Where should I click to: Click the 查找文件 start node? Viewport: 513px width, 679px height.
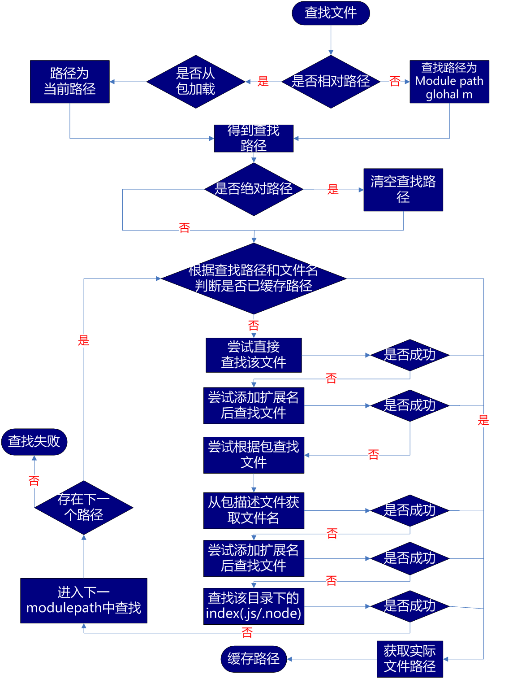coord(331,13)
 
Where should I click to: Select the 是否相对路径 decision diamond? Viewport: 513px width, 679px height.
coord(331,82)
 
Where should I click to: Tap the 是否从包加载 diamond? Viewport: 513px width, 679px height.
coord(196,82)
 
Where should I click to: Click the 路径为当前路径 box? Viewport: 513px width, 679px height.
coord(69,82)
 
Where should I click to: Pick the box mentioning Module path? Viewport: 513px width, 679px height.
coord(449,82)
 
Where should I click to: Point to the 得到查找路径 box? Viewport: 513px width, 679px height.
coord(254,138)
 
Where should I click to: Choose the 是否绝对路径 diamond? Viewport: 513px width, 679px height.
coord(254,189)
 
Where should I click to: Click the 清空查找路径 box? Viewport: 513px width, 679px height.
coord(403,189)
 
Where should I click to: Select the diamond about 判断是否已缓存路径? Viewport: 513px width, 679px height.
coord(254,279)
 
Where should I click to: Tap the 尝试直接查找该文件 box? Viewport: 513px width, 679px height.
coord(254,355)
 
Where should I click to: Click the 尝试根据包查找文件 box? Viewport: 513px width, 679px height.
coord(254,455)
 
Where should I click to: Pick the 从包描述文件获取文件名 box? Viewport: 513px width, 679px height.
coord(254,510)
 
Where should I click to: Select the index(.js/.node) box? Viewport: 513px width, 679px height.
coord(254,606)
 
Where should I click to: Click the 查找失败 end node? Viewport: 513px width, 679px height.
coord(34,442)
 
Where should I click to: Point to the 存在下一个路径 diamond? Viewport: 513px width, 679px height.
coord(84,508)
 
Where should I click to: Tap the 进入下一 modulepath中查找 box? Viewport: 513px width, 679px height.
coord(84,601)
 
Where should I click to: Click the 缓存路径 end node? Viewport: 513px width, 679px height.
coord(254,659)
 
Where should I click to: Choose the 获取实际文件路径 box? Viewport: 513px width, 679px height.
coord(410,659)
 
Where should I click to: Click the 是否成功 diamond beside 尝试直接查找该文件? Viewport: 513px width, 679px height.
coord(410,355)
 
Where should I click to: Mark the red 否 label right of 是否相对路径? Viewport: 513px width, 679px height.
coord(395,82)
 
